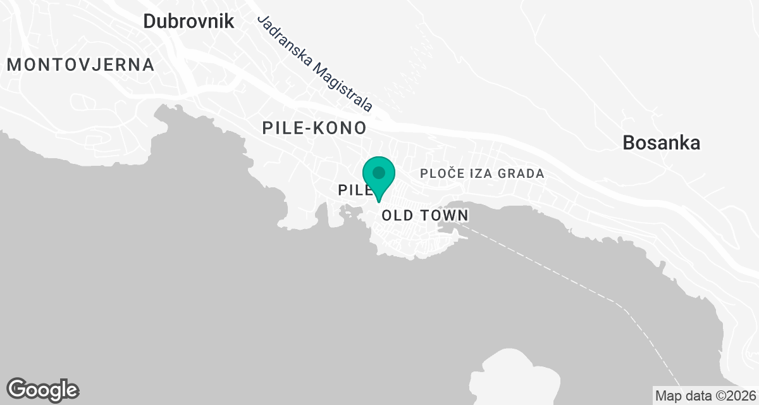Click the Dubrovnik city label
(x=188, y=21)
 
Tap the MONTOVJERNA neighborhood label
(x=80, y=65)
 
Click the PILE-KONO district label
(x=314, y=128)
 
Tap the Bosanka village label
(x=661, y=143)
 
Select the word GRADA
(x=522, y=173)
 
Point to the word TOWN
(x=445, y=216)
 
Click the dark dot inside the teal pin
(x=379, y=172)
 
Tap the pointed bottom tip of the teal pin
(x=379, y=201)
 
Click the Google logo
(x=43, y=389)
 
